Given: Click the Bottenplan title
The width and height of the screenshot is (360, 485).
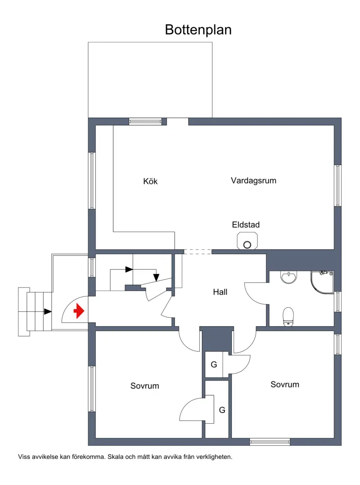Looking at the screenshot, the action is coord(198,30).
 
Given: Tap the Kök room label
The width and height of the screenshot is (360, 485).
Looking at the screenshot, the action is coord(150,181).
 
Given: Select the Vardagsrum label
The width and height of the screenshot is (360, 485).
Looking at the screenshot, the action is coord(254,180).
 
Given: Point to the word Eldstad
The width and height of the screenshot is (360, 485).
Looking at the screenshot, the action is coord(246,225).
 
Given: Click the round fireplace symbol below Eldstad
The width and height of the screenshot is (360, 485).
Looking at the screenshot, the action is coord(247,245).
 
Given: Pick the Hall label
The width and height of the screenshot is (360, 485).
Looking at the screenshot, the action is coord(220,292).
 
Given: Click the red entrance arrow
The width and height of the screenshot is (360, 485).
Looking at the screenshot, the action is coord(79,311).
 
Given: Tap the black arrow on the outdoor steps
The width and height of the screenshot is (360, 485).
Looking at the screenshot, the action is coord(48,311).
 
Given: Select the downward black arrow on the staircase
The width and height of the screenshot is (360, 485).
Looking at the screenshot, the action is coord(156,278).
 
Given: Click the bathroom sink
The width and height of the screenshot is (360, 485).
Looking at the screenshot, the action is coord(289,277).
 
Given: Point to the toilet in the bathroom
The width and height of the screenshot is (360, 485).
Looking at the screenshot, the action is coord(288,317).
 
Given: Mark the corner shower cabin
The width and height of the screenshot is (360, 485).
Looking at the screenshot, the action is coord(322,283).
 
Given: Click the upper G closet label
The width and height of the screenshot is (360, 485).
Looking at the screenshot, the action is coord(214,364).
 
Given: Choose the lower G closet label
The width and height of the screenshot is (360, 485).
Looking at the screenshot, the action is coord(222,410).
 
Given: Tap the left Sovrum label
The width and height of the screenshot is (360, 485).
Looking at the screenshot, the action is coord(145,386).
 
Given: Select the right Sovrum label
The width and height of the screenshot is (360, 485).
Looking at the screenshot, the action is coord(285,385).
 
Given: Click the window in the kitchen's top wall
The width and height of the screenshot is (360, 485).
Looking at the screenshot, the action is coord(145,121).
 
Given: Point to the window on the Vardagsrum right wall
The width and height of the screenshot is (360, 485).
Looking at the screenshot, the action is coord(338,185).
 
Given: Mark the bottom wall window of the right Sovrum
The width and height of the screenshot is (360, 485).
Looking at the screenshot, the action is coord(270,442).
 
